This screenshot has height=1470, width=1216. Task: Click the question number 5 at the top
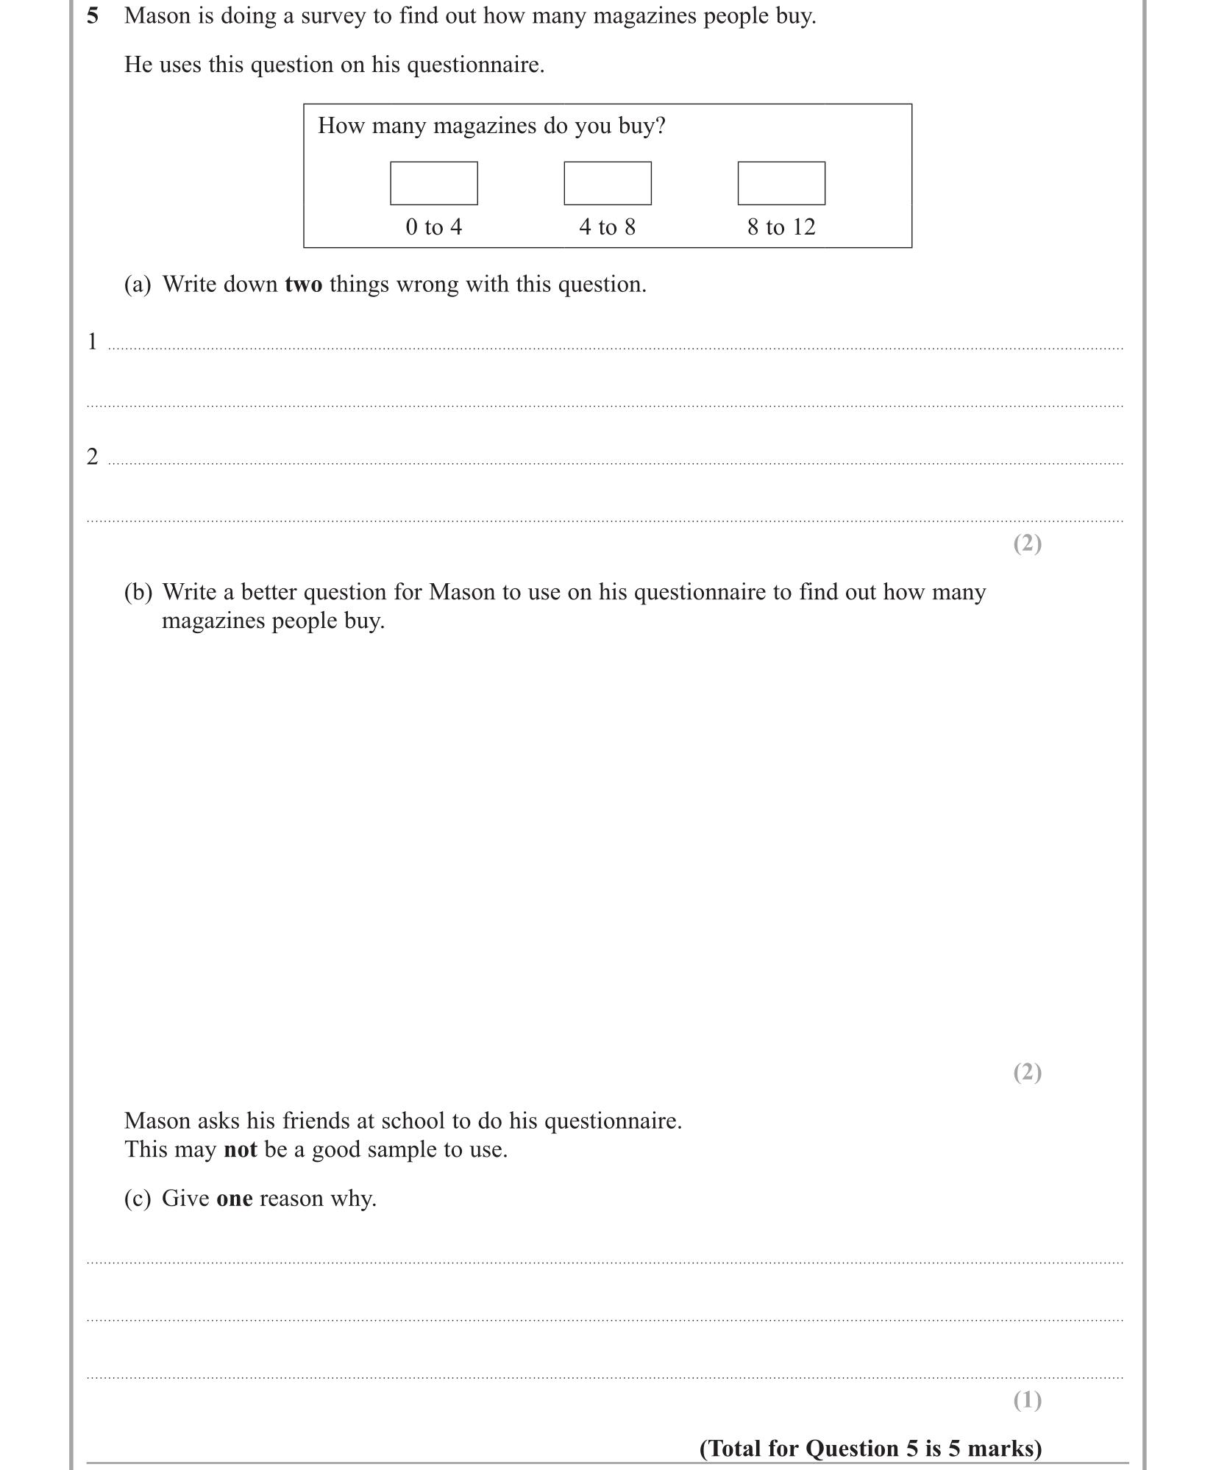point(93,15)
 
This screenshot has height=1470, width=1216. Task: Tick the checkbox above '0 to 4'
point(433,183)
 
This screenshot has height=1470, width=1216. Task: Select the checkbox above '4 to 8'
point(607,183)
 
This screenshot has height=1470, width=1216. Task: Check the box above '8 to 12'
point(781,183)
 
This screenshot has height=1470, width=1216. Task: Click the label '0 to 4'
point(433,227)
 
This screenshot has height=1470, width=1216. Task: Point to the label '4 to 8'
point(607,227)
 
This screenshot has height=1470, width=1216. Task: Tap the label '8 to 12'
point(781,227)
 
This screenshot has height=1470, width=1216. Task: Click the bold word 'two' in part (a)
point(303,285)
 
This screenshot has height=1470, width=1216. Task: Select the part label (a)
point(138,285)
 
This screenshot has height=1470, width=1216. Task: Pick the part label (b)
point(138,592)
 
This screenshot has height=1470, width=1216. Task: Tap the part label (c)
point(138,1198)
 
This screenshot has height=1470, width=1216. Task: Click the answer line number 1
point(93,341)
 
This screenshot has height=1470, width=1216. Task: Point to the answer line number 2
point(93,457)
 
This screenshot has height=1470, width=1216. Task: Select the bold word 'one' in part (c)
point(234,1198)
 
